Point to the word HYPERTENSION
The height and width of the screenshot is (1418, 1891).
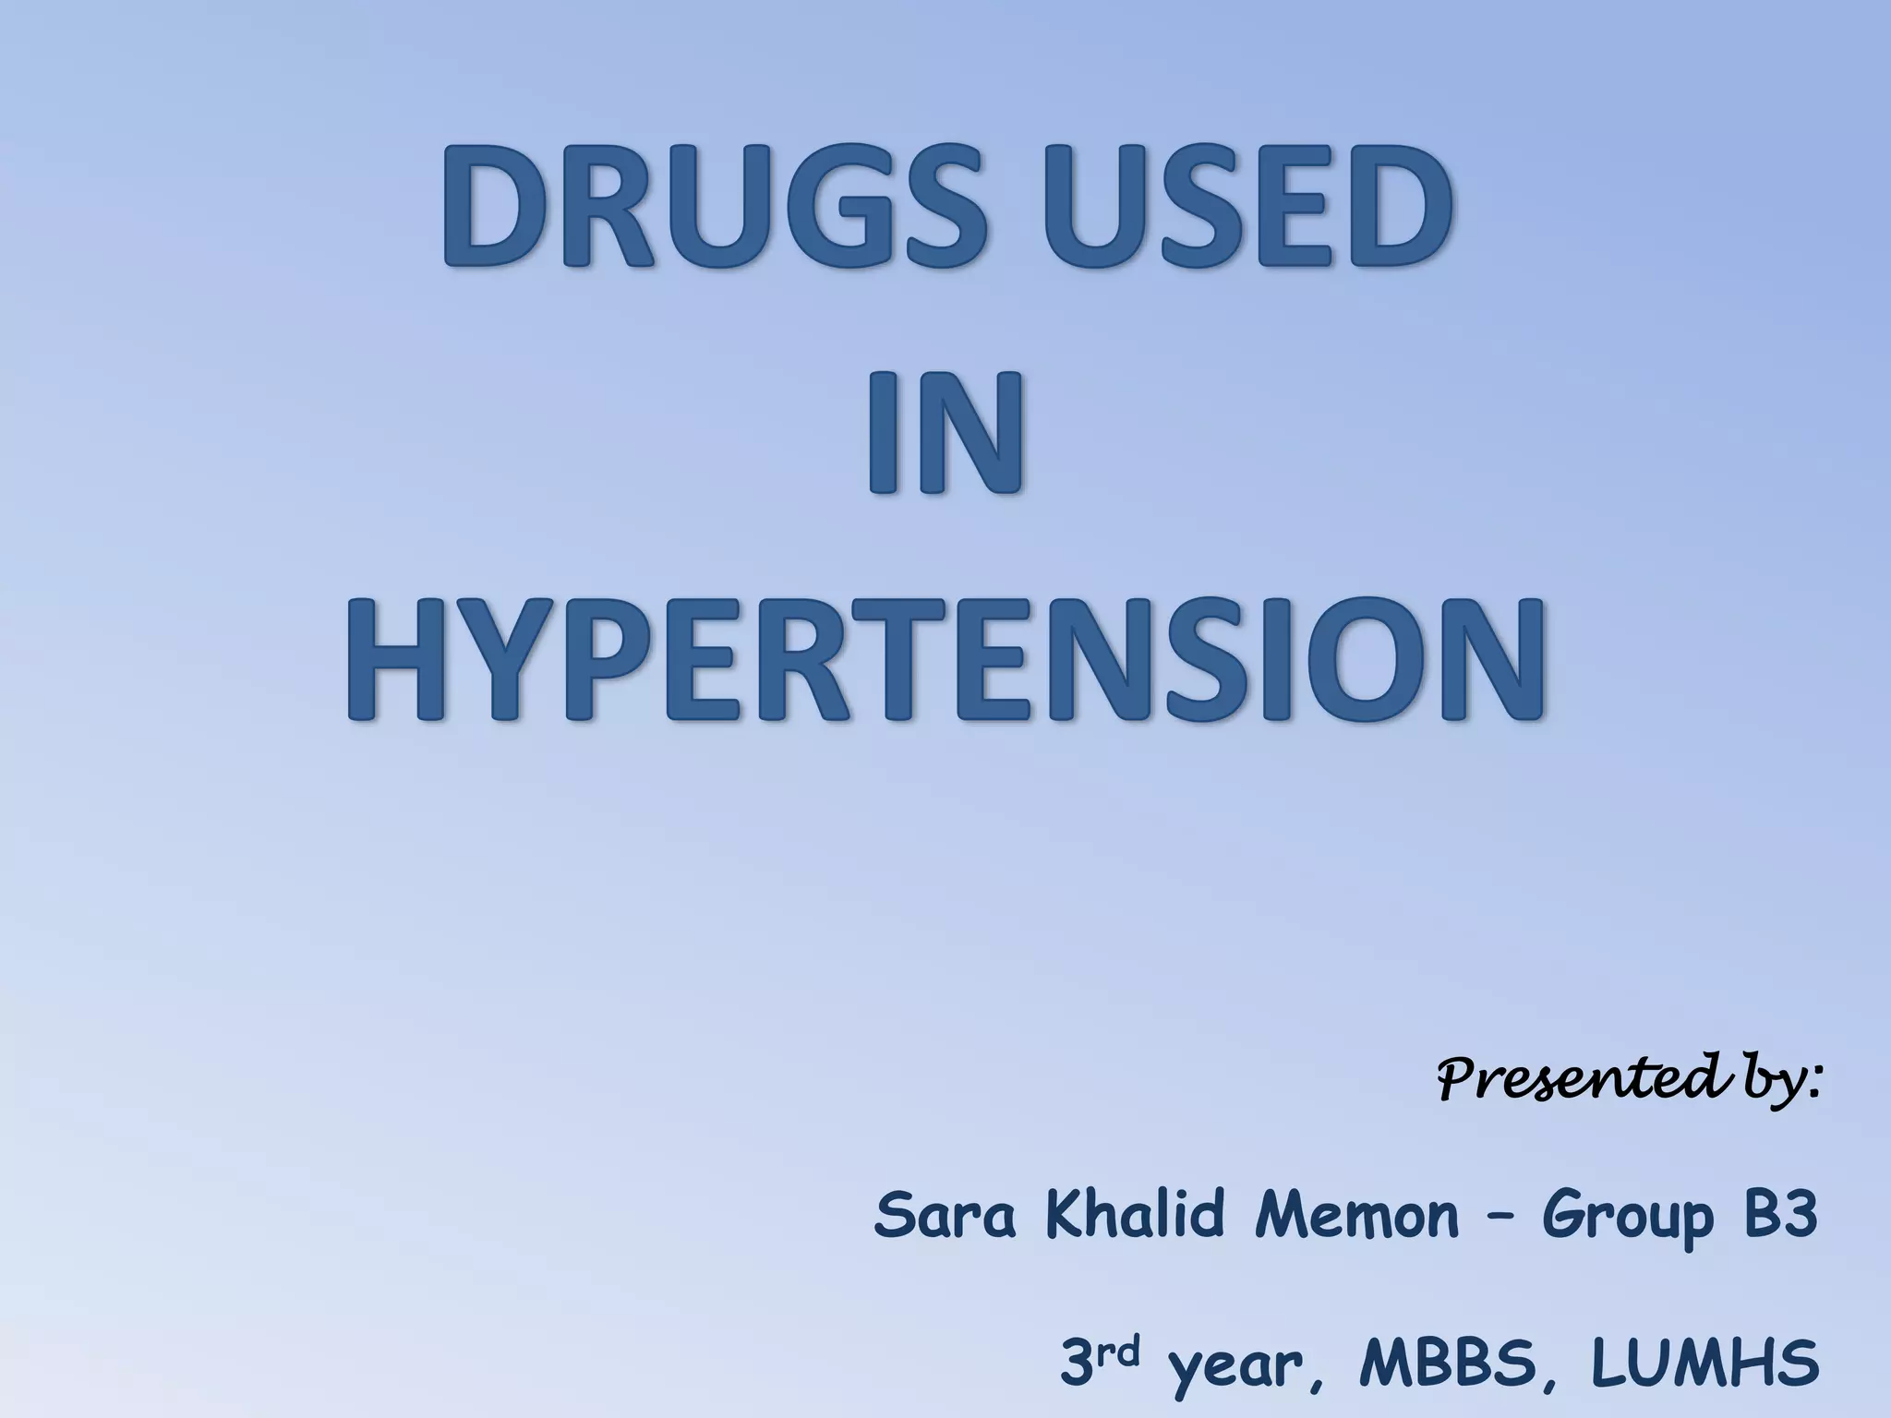tap(945, 658)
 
